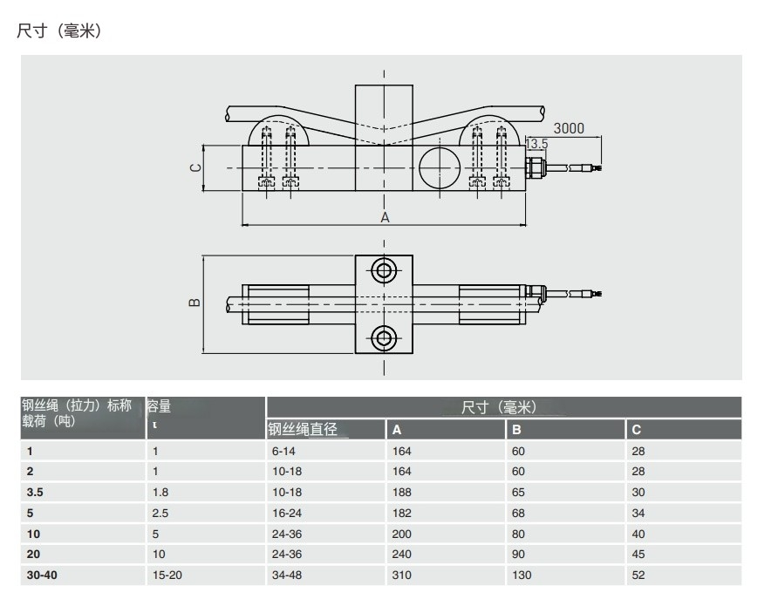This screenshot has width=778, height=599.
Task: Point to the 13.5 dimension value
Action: pyautogui.click(x=537, y=143)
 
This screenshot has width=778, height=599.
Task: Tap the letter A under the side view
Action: pyautogui.click(x=385, y=218)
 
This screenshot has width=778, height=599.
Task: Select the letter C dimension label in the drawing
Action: pyautogui.click(x=196, y=167)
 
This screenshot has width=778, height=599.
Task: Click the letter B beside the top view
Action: pyautogui.click(x=194, y=303)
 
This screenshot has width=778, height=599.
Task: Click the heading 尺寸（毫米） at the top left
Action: pyautogui.click(x=61, y=31)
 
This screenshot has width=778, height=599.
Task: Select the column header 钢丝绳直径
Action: pyautogui.click(x=303, y=429)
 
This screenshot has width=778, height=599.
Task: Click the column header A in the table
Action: pyautogui.click(x=397, y=430)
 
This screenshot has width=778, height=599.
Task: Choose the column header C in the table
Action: pyautogui.click(x=636, y=430)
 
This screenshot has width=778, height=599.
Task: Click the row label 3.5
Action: pyautogui.click(x=35, y=491)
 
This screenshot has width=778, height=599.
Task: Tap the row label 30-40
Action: pyautogui.click(x=40, y=575)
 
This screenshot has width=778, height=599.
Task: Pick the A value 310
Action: pyautogui.click(x=401, y=575)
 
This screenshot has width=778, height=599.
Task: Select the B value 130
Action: pyautogui.click(x=521, y=575)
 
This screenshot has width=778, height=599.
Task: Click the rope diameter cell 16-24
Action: pyautogui.click(x=285, y=512)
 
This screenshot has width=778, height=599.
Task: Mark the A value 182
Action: pyautogui.click(x=401, y=512)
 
